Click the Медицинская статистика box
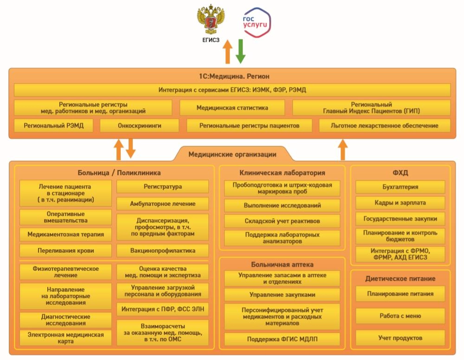tap(232, 108)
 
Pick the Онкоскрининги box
tap(140, 125)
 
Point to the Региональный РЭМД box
tap(54, 125)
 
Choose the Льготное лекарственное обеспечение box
tap(385, 125)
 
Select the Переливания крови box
tap(66, 251)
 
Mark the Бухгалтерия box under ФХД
tap(400, 187)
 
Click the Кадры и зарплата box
tap(400, 203)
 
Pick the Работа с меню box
tap(400, 316)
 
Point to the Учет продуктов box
tap(400, 337)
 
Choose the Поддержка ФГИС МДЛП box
tap(282, 339)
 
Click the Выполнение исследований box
tap(282, 205)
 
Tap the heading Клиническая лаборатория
tap(282, 173)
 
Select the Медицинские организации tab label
tap(232, 154)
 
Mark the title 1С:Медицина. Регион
tap(232, 76)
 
